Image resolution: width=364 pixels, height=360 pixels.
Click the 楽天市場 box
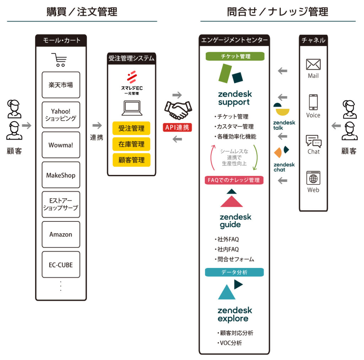(61, 85)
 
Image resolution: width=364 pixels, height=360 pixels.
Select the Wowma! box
(61, 145)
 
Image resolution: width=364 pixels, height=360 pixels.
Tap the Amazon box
(61, 235)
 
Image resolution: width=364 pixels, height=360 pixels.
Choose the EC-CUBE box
(61, 265)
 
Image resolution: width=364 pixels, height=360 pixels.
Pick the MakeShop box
(61, 175)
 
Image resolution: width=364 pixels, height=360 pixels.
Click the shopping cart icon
(59, 60)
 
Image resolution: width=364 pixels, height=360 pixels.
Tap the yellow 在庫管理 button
(132, 144)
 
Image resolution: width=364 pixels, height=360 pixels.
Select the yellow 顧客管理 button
(132, 160)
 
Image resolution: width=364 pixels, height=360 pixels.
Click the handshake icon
(178, 110)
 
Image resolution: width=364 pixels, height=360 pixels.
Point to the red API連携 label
(177, 128)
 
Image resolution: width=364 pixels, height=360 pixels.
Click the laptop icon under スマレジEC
(132, 108)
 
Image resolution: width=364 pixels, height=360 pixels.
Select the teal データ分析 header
(234, 272)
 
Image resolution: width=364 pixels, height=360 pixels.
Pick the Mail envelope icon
(313, 64)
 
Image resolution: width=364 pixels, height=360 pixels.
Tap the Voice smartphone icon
(313, 102)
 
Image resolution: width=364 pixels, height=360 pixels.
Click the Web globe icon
(313, 178)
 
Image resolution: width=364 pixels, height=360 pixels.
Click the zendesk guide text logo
(235, 221)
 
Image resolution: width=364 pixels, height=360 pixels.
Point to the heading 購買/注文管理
(82, 12)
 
